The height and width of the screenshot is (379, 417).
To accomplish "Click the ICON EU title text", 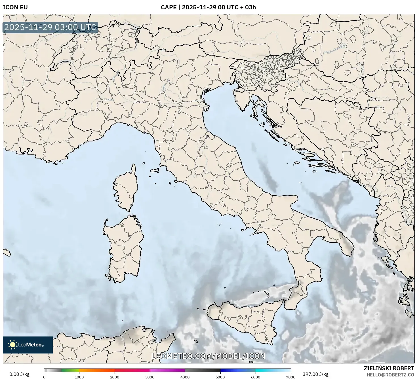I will [15, 7].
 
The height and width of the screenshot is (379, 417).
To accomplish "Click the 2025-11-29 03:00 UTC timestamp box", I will [50, 27].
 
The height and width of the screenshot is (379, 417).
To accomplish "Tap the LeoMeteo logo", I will [28, 345].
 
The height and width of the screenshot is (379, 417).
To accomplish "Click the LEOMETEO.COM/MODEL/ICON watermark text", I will [208, 356].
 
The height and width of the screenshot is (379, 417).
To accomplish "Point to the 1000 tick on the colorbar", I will [79, 370].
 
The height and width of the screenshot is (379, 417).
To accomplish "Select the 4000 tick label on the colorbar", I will [185, 377].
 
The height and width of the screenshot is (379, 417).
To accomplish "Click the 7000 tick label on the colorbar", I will [291, 377].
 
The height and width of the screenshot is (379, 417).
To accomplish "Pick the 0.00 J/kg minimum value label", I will [20, 374].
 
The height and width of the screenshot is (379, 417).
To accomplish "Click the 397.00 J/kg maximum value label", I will [315, 374].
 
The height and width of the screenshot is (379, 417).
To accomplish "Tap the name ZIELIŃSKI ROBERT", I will [389, 368].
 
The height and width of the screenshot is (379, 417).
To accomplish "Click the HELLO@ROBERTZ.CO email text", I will [390, 374].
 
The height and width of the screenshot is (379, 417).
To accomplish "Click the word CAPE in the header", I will [169, 7].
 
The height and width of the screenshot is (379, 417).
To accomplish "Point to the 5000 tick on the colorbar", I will [220, 370].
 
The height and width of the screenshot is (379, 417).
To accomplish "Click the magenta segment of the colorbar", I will [167, 370].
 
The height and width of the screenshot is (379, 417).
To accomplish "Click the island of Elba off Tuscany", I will [155, 171].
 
